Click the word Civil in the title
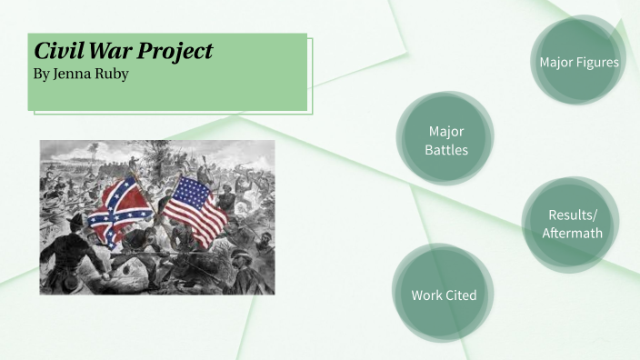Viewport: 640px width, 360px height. (55, 52)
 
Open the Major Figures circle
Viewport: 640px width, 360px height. (577, 61)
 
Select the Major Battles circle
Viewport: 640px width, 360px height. (445, 139)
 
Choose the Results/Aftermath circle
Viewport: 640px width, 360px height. (572, 225)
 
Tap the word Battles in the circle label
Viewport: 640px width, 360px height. (446, 149)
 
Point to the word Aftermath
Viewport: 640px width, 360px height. (572, 234)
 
